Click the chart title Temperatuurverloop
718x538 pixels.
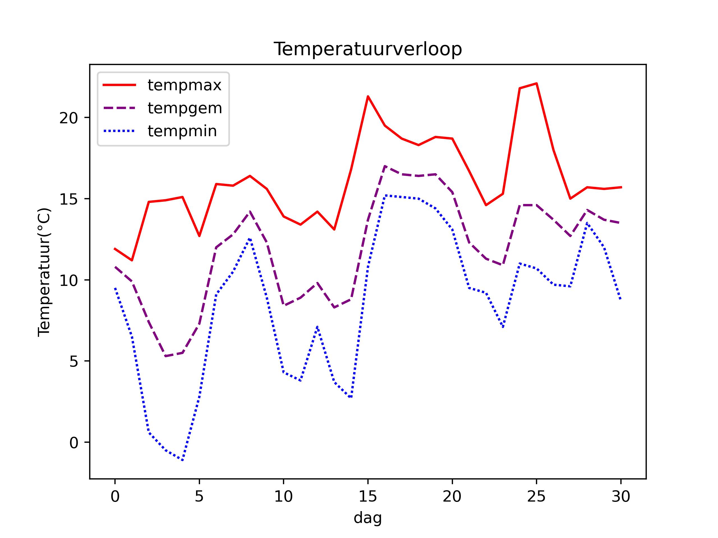[x=367, y=49]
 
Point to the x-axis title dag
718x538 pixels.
[x=367, y=518]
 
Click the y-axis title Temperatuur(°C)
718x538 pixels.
[x=44, y=272]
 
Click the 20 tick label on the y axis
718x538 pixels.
[x=69, y=118]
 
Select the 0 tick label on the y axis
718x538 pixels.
[x=74, y=443]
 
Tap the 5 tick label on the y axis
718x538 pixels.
[x=74, y=361]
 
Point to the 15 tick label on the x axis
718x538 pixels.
[x=367, y=497]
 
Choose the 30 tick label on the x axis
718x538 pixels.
[x=621, y=497]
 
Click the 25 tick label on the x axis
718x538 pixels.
[x=536, y=497]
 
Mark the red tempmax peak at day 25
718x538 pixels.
[x=537, y=83]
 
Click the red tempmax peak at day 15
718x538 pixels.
[x=368, y=96]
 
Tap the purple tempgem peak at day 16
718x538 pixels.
[x=385, y=166]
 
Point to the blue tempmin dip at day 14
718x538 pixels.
[x=351, y=397]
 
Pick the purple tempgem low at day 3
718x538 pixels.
[x=165, y=356]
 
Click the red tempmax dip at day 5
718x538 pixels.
[x=199, y=236]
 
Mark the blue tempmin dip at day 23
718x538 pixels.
[x=503, y=327]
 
